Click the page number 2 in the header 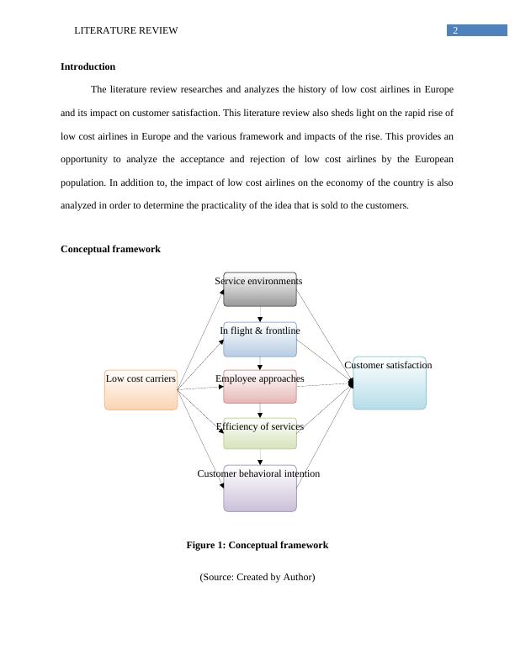coord(455,30)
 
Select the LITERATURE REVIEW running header coord(126,30)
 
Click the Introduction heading coord(88,66)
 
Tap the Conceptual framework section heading coord(110,249)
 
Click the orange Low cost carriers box coord(141,390)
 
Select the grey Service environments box coord(260,290)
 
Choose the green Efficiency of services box coord(260,434)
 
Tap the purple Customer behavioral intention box coord(260,489)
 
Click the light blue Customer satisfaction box coord(390,384)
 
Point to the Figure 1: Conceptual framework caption coord(257,545)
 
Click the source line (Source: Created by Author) coord(257,577)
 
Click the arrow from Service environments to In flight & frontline coord(260,314)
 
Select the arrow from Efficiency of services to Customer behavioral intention coord(260,457)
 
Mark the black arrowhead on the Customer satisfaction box coord(351,383)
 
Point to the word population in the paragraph coord(86,182)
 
